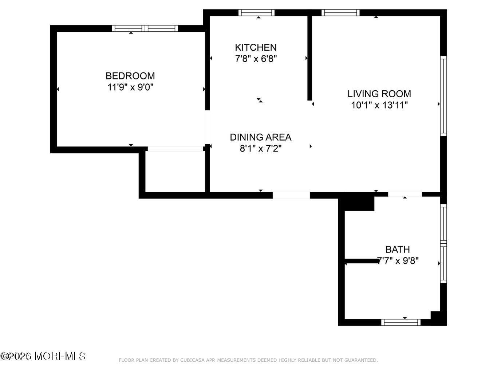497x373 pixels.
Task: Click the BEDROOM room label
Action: [130, 76]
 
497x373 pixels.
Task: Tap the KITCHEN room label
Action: [256, 47]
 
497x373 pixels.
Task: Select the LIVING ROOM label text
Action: [379, 94]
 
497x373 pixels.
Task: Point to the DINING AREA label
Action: [260, 137]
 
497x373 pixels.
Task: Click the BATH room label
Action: [398, 250]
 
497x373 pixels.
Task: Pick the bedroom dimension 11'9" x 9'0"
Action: [130, 87]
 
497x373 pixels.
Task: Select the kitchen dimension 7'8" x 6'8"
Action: [256, 59]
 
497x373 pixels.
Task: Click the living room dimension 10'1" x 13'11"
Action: [379, 105]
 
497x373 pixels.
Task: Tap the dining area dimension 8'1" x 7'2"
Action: [260, 149]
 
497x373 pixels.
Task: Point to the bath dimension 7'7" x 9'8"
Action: [398, 261]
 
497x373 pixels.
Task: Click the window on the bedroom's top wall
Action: [145, 28]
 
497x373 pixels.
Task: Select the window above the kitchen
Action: [257, 13]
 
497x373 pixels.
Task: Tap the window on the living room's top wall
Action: [340, 13]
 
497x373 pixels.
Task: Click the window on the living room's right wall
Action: [443, 96]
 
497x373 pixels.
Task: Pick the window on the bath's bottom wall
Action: [401, 322]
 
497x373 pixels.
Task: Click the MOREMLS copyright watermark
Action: [43, 356]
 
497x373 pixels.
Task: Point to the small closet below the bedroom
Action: [175, 171]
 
